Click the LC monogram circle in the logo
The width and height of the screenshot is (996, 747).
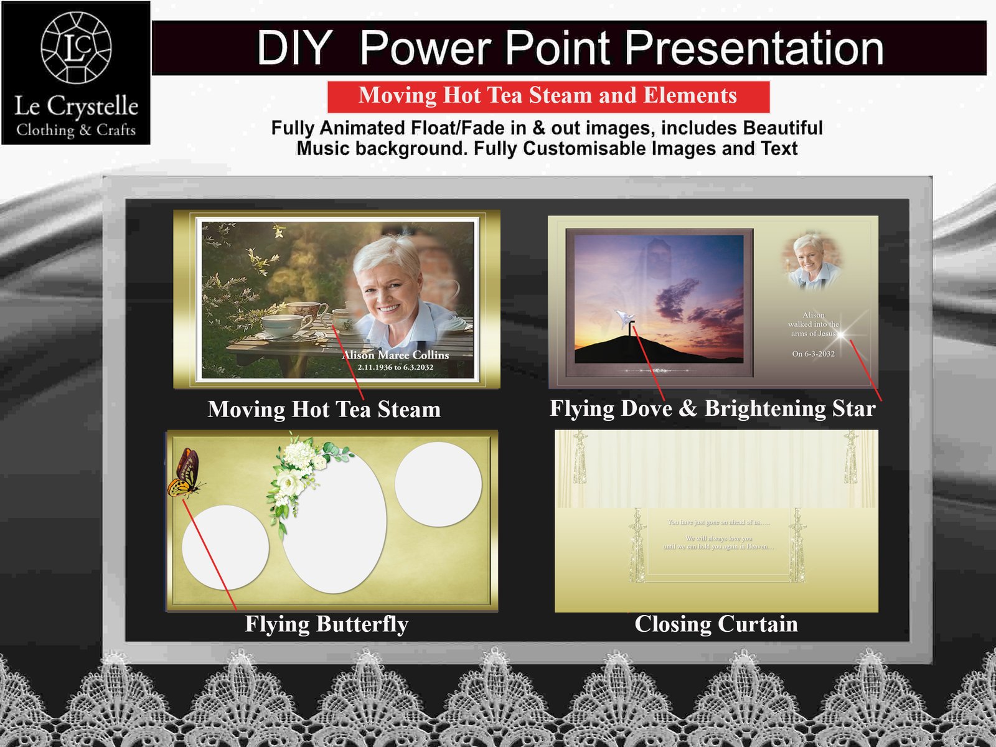coord(76,47)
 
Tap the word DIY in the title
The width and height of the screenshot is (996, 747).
coord(294,48)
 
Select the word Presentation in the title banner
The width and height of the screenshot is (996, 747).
coord(754,48)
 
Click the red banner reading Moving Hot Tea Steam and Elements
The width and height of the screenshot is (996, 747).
coord(548,96)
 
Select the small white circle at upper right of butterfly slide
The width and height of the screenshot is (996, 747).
coord(438,484)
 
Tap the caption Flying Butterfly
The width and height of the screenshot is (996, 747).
coord(326,624)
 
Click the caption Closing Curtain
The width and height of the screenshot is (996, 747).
coord(716,624)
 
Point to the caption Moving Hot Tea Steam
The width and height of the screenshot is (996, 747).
coord(324,409)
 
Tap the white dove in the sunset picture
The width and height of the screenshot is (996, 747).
coord(625,319)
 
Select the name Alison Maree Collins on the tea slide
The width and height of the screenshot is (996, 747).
coord(396,355)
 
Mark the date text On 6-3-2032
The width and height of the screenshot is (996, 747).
coord(813,354)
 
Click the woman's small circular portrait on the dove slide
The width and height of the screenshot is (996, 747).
coord(810,260)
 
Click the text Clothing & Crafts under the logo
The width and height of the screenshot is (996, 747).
coord(76,130)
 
